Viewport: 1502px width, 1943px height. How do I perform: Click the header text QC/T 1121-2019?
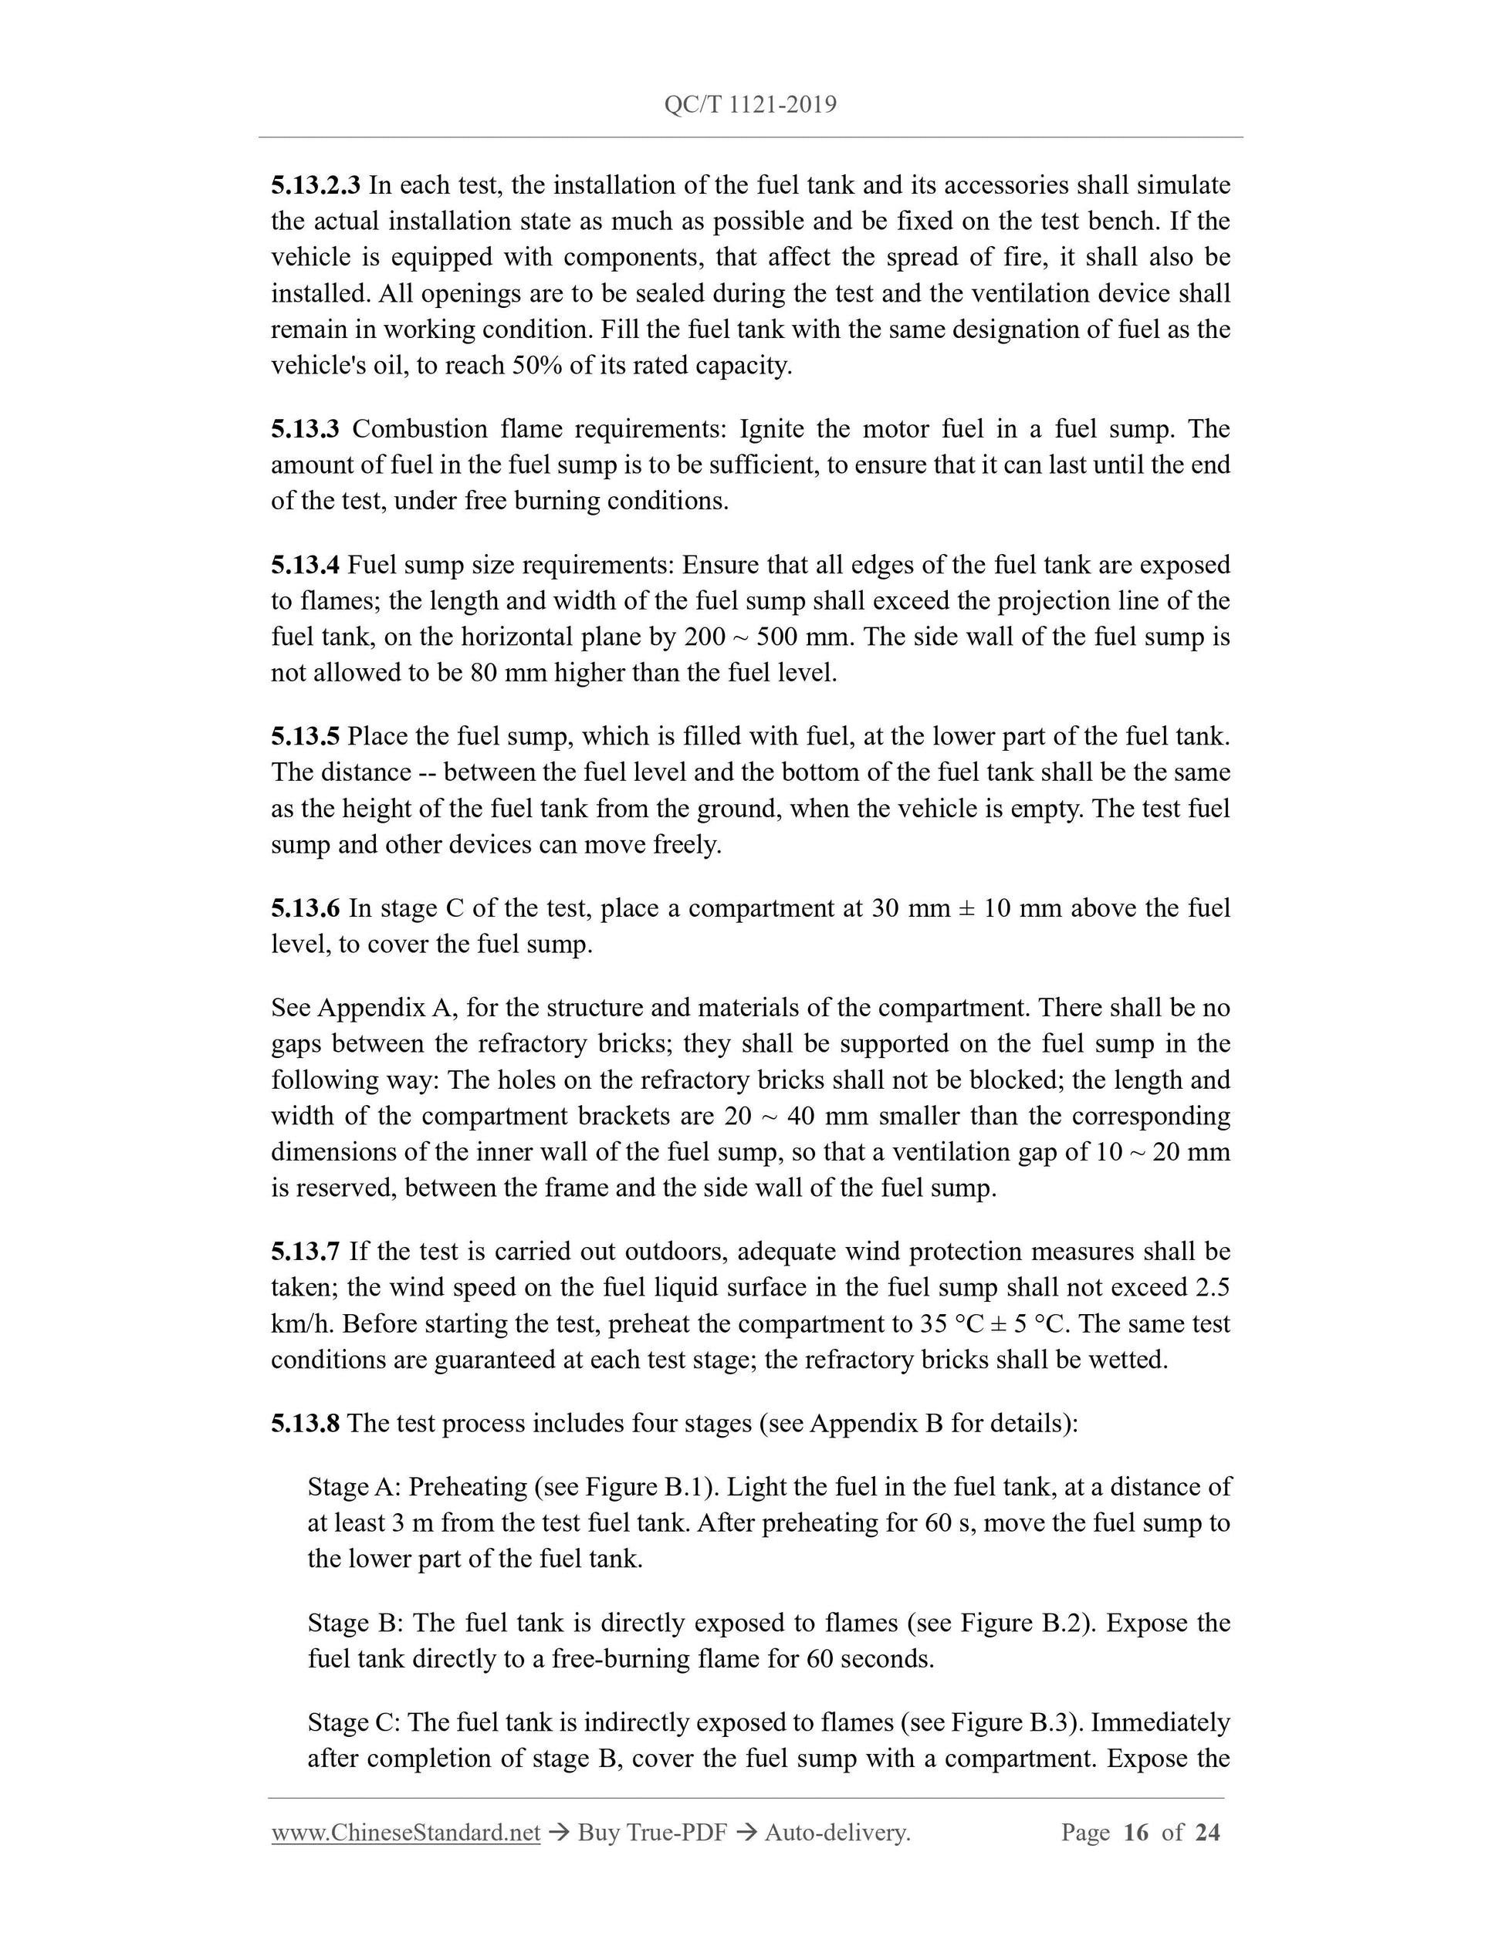tap(750, 105)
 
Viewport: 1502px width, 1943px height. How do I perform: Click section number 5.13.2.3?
tap(315, 185)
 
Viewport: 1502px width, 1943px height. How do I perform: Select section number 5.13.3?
tap(305, 429)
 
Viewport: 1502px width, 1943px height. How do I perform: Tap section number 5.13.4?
tap(305, 565)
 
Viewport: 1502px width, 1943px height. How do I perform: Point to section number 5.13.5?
tap(305, 737)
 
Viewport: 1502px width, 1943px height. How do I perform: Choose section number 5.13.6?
tap(305, 908)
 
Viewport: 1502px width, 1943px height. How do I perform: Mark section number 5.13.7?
tap(305, 1252)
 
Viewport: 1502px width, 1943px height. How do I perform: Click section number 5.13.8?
tap(305, 1424)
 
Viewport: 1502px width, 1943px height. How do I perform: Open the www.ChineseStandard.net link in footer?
tap(406, 1832)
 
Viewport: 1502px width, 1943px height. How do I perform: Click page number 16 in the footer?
tap(1136, 1832)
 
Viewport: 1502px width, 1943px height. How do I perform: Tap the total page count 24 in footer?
tap(1206, 1832)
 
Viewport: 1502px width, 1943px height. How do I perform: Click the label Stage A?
tap(354, 1487)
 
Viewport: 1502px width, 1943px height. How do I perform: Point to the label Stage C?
tap(354, 1722)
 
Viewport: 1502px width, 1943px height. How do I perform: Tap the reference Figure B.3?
tap(1001, 1722)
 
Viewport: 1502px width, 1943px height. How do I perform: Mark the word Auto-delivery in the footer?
tap(836, 1832)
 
